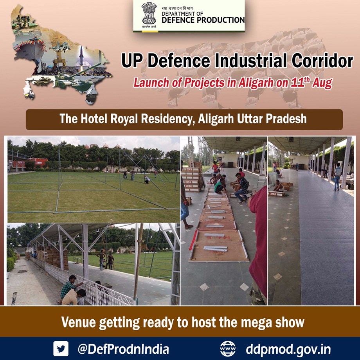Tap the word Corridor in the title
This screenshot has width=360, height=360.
pos(322,61)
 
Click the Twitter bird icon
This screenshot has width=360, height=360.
pos(61,348)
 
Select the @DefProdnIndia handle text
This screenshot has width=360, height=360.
pos(123,349)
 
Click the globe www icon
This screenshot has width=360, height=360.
pos(228,349)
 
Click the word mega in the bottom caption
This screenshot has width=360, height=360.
pos(254,323)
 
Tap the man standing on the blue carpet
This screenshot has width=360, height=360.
pos(337,176)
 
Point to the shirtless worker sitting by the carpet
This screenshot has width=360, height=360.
pos(279,186)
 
